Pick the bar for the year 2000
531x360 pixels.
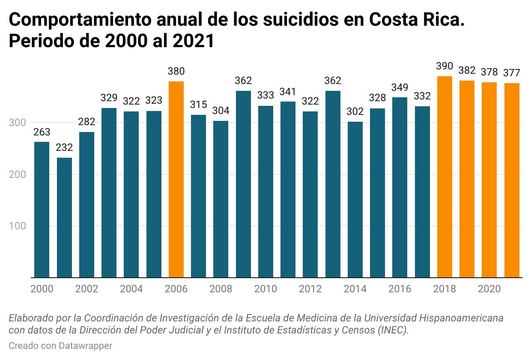(42, 210)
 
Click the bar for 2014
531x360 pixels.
(355, 199)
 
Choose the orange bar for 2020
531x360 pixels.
(489, 180)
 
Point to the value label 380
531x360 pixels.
(176, 72)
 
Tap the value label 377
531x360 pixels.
(512, 73)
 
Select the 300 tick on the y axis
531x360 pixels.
(18, 123)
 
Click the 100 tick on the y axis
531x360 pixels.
(18, 226)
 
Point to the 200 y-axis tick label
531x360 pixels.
(18, 175)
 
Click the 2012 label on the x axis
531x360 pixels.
(310, 289)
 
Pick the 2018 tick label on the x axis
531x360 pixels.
(444, 289)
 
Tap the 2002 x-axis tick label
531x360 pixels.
(87, 289)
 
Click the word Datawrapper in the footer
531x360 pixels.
(86, 346)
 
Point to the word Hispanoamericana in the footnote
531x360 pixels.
(460, 318)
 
